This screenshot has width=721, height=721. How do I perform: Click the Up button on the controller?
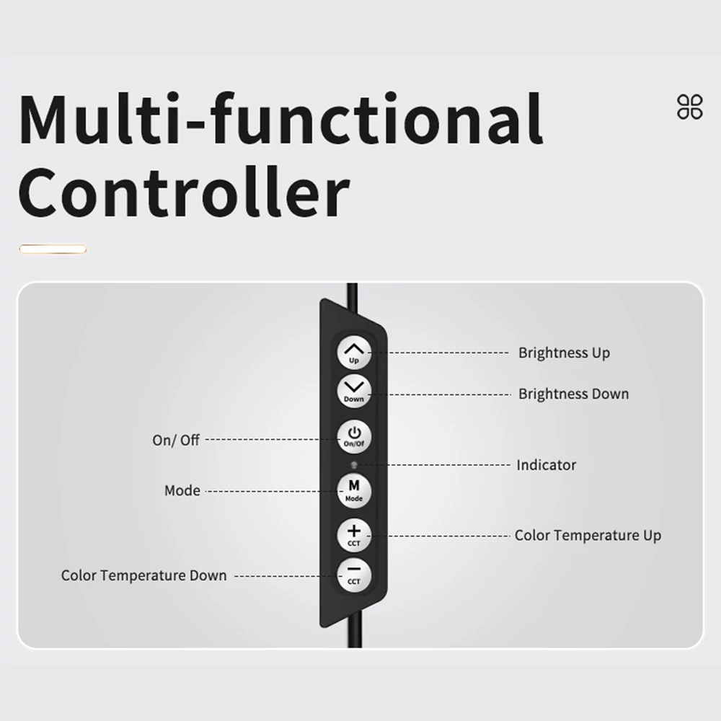pyautogui.click(x=353, y=353)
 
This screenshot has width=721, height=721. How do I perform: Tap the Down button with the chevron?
pyautogui.click(x=353, y=392)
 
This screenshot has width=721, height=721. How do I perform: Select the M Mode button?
pyautogui.click(x=353, y=492)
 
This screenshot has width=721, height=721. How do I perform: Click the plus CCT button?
pyautogui.click(x=353, y=535)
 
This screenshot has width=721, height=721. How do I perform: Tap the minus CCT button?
pyautogui.click(x=353, y=575)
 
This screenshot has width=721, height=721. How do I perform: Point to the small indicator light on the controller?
pyautogui.click(x=353, y=465)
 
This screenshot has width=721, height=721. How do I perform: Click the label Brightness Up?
pyautogui.click(x=565, y=353)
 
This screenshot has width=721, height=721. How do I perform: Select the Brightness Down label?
pyautogui.click(x=573, y=394)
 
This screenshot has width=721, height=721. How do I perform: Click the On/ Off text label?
pyautogui.click(x=176, y=440)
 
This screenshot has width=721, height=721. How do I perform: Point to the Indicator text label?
pyautogui.click(x=547, y=465)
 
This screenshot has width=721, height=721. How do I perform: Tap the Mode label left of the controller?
pyautogui.click(x=182, y=490)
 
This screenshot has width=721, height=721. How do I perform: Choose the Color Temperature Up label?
pyautogui.click(x=588, y=535)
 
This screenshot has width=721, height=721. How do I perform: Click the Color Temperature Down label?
pyautogui.click(x=144, y=575)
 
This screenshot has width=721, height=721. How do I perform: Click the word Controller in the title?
pyautogui.click(x=184, y=193)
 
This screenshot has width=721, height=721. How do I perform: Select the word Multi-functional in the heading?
pyautogui.click(x=280, y=119)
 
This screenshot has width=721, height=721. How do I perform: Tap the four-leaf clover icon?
pyautogui.click(x=690, y=107)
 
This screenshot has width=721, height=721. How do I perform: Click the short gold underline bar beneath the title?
pyautogui.click(x=53, y=249)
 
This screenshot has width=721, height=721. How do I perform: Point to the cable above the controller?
pyautogui.click(x=353, y=297)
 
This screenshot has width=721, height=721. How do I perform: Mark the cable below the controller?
pyautogui.click(x=353, y=630)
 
